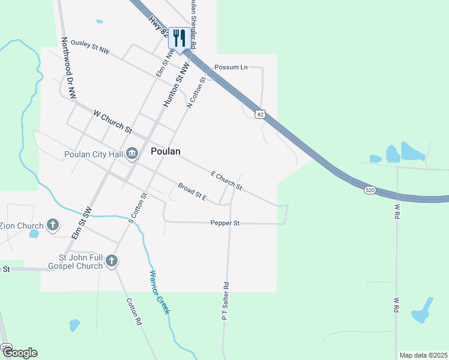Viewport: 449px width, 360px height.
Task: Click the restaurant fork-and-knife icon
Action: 178,38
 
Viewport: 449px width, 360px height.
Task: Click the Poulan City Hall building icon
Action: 132,155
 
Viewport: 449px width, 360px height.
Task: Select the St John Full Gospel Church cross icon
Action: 112,261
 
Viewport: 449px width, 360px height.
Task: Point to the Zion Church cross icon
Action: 53,226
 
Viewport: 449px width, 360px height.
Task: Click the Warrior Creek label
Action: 160,292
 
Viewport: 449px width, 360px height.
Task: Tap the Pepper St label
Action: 225,223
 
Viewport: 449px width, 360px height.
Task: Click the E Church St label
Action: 226,181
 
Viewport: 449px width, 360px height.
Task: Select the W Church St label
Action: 112,120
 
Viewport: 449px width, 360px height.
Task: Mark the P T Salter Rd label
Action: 226,301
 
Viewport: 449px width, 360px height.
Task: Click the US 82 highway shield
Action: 259,113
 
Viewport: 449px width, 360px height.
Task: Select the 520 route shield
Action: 370,190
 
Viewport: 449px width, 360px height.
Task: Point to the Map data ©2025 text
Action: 423,355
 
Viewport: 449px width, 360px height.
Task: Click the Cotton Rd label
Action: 134,312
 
